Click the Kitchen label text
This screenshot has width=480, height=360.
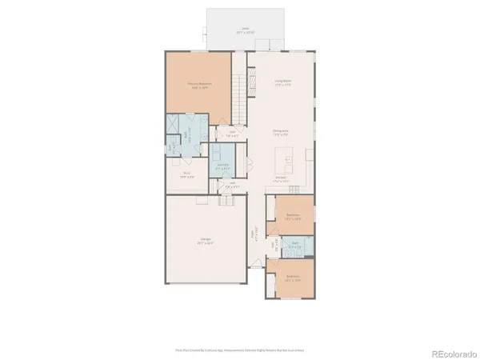pyautogui.click(x=282, y=178)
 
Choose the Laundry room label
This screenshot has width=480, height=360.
pyautogui.click(x=223, y=166)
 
